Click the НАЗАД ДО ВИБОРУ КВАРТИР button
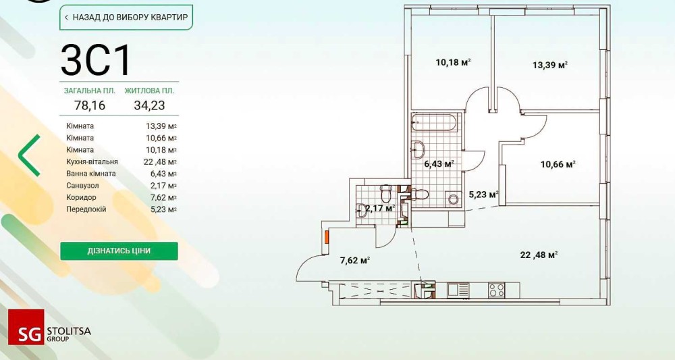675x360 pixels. click(x=126, y=16)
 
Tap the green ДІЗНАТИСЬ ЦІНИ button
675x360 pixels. click(x=119, y=251)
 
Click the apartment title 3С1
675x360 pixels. click(x=96, y=60)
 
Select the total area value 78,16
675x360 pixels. click(x=89, y=105)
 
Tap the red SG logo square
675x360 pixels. click(x=26, y=327)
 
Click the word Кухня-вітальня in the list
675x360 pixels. click(x=92, y=161)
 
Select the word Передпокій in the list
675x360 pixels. click(x=86, y=209)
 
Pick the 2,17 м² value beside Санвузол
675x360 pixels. click(x=161, y=186)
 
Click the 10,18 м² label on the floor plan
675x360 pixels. click(x=452, y=62)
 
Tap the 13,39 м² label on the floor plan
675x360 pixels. click(x=549, y=65)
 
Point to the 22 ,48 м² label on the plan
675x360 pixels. click(x=538, y=255)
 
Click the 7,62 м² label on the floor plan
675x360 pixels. click(x=354, y=259)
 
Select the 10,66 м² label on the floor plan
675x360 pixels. click(x=558, y=163)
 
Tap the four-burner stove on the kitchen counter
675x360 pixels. click(x=497, y=290)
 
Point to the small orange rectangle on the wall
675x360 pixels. click(x=326, y=236)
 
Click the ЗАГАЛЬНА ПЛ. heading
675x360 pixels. click(x=89, y=90)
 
